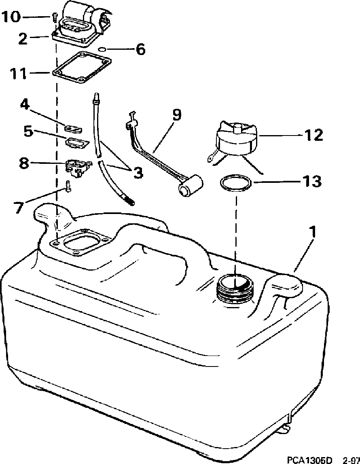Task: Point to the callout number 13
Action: tap(310, 182)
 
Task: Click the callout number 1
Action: tap(312, 233)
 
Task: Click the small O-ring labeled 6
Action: tap(103, 49)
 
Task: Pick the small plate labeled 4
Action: tap(73, 129)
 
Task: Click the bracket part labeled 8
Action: tap(77, 166)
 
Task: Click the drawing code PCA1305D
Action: tap(309, 460)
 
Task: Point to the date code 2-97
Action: tap(351, 460)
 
